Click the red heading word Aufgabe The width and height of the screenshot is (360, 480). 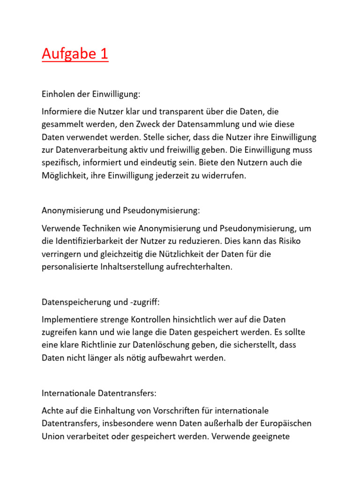tap(67, 54)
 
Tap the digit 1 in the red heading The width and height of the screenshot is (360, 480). tap(104, 54)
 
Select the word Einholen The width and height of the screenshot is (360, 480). tap(56, 94)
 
